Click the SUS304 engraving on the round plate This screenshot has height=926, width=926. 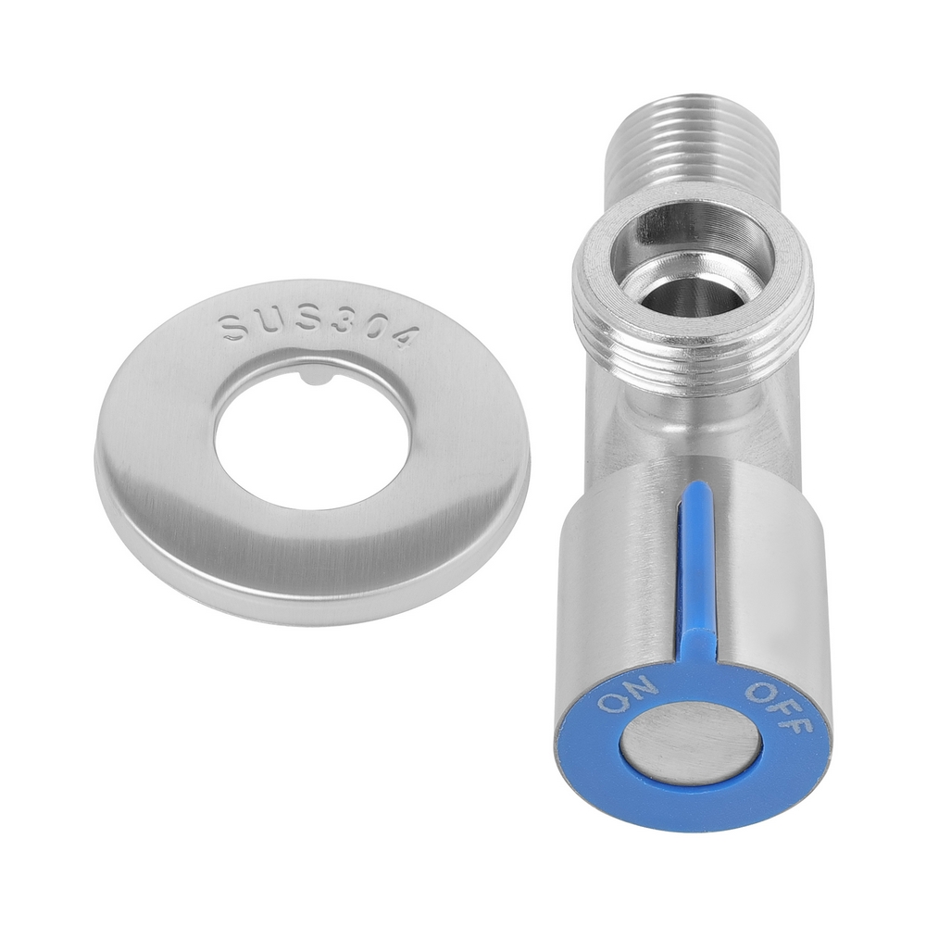(x=317, y=328)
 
